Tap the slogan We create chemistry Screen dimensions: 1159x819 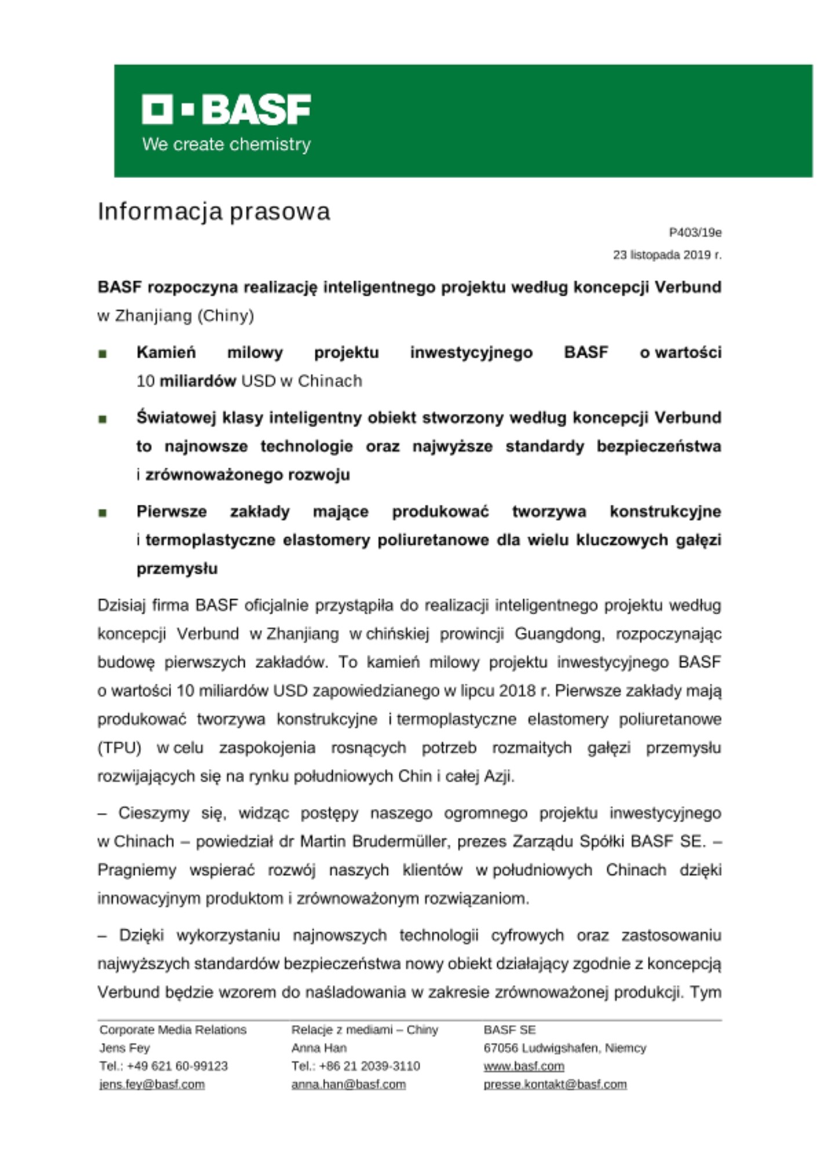(x=226, y=144)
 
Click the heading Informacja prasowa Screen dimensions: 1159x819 (x=213, y=212)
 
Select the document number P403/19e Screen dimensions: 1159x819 (x=695, y=232)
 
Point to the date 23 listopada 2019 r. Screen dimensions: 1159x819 (x=667, y=255)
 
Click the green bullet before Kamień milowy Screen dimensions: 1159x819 (x=103, y=353)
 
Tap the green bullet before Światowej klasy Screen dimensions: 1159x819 (x=103, y=419)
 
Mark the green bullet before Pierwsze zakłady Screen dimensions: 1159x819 (x=103, y=513)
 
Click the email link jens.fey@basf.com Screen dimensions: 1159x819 (x=152, y=1084)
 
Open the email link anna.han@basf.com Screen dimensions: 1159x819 (x=348, y=1084)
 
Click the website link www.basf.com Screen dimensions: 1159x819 (x=523, y=1066)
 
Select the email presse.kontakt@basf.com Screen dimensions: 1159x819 (x=555, y=1084)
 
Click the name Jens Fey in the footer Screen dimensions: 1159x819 (x=125, y=1048)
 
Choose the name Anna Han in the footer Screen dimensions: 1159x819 (x=319, y=1048)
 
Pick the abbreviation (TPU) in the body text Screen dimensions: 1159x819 (x=119, y=748)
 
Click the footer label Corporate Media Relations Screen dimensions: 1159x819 (x=173, y=1030)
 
